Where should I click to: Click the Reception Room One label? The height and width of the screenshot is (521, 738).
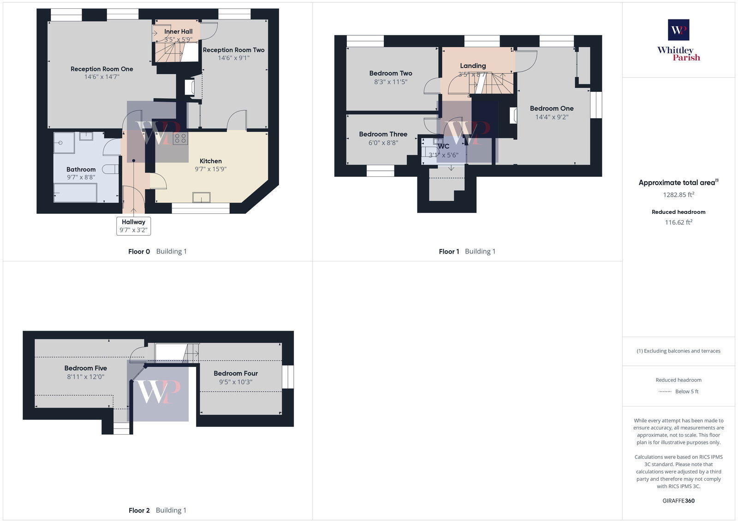point(101,69)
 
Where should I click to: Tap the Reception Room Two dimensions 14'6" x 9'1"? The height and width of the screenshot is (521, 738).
point(233,58)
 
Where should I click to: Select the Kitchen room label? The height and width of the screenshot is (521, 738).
point(210,161)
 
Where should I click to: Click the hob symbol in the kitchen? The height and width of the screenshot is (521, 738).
point(180,138)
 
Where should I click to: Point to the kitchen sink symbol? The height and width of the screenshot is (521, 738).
point(202,197)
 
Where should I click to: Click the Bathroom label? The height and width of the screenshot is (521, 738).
point(81,170)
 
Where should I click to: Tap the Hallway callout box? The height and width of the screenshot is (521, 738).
point(133,226)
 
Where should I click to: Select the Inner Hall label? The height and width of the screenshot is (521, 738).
point(178,31)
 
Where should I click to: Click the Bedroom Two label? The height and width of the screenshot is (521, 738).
point(390,73)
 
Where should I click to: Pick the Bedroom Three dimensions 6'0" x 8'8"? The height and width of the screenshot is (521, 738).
point(383,143)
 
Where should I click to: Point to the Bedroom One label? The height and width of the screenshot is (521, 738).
point(552,109)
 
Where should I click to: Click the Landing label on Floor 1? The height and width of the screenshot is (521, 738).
point(473,66)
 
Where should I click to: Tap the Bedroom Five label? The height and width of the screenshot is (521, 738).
point(85,368)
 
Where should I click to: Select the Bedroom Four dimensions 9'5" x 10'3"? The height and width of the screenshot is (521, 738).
point(235,382)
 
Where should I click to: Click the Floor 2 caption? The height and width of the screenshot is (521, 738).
point(139,510)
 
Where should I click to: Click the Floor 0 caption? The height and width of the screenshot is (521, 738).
point(139,252)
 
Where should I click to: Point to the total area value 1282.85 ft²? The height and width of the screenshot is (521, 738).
point(678,195)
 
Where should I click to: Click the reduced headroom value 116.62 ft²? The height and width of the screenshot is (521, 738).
point(678,223)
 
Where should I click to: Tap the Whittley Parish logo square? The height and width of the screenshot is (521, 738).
point(678,30)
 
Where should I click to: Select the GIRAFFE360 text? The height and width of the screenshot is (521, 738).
point(678,501)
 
